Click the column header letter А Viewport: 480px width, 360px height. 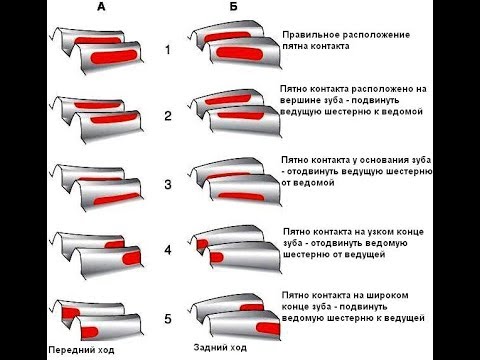coord(101,7)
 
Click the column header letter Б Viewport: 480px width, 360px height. coord(234,7)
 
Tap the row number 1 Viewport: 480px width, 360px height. coord(168,50)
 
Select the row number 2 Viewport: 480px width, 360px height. coord(168,116)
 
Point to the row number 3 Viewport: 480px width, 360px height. coord(168,184)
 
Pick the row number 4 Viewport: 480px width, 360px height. coord(168,250)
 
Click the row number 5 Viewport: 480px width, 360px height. coord(168,319)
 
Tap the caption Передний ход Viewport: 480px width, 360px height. coord(81,350)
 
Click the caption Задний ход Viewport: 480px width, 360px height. coord(220,348)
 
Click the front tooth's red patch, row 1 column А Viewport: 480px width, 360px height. coord(113,57)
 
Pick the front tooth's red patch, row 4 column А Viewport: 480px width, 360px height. coord(132,258)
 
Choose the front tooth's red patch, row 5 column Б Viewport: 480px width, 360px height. coord(268,329)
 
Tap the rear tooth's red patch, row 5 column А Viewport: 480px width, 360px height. coord(71,313)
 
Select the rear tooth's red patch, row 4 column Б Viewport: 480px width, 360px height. coord(202,244)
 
